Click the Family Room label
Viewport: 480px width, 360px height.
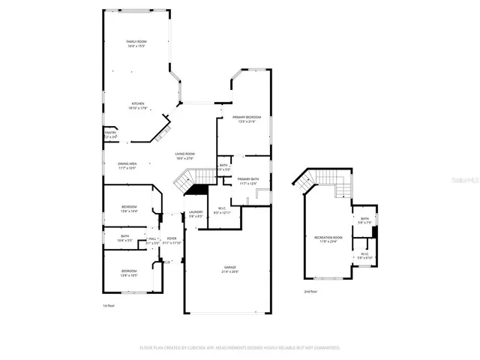(x=136, y=42)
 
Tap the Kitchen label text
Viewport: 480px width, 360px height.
(x=138, y=104)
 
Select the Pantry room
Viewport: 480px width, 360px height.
(x=110, y=135)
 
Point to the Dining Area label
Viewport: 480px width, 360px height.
(x=127, y=163)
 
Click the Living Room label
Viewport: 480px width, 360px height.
(x=184, y=154)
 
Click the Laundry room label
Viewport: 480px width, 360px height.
(x=196, y=212)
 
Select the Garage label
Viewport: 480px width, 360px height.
(x=229, y=268)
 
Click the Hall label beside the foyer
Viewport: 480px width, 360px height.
(x=151, y=238)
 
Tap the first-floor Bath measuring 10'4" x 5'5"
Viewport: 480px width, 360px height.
(x=124, y=237)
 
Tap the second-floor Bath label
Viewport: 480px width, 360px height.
(x=364, y=219)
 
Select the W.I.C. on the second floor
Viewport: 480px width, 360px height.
(x=364, y=253)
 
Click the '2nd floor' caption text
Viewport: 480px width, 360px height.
(x=310, y=291)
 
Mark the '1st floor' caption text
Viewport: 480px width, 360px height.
(x=109, y=306)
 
